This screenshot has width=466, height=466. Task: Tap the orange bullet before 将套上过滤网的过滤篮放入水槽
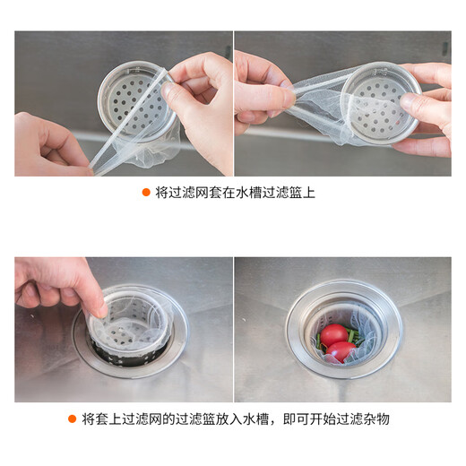[x=72, y=419]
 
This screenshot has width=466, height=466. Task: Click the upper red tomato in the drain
[x=334, y=335]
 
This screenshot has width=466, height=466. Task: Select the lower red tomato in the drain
[x=341, y=351]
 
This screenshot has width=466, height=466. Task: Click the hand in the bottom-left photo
[x=54, y=285]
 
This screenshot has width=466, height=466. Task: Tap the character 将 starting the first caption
[x=162, y=192]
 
